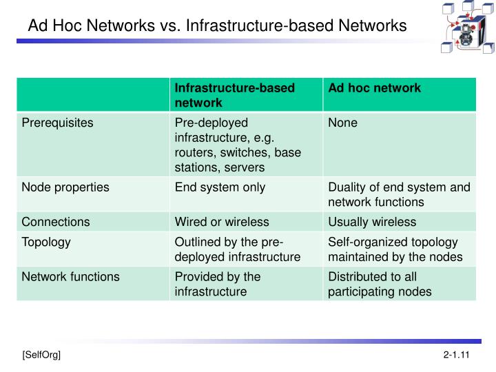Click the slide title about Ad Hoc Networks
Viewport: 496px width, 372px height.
(217, 26)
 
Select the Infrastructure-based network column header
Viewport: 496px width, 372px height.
(234, 95)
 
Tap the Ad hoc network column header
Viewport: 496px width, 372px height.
(374, 88)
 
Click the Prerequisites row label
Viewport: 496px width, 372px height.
(57, 123)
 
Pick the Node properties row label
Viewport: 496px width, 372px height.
(65, 187)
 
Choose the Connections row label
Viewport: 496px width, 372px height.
(56, 222)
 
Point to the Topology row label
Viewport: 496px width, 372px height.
(46, 242)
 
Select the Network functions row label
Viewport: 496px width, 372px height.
(70, 276)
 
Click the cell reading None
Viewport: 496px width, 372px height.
(343, 123)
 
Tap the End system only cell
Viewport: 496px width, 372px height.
(220, 187)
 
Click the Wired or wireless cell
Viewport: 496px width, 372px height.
(222, 222)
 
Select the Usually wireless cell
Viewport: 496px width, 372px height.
(372, 222)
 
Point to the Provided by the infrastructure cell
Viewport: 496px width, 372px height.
(218, 284)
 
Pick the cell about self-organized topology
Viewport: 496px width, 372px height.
(395, 249)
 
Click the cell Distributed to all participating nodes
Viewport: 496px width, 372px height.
(380, 284)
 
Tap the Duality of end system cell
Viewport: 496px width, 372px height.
(399, 194)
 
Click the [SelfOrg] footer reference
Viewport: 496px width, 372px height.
(41, 355)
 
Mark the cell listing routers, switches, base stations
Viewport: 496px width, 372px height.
(238, 145)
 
